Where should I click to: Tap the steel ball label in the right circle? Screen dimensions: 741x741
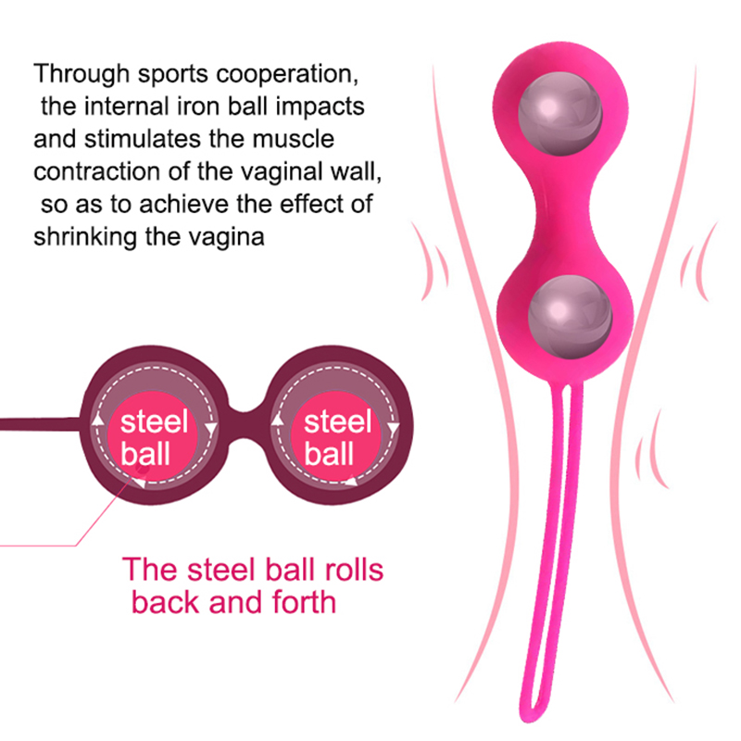pyautogui.click(x=337, y=438)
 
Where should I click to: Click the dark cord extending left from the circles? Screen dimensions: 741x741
pyautogui.click(x=37, y=423)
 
